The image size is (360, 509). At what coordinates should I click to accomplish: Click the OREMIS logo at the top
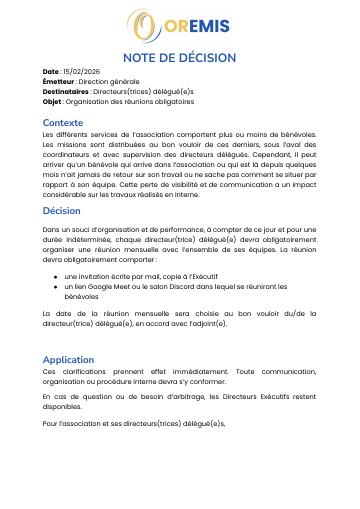[179, 26]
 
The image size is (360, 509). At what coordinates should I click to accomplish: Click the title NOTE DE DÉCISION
[180, 58]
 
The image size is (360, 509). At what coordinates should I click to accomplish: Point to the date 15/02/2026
[83, 72]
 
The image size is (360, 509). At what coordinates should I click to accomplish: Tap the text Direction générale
[109, 82]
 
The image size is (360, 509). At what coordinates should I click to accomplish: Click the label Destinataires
[66, 91]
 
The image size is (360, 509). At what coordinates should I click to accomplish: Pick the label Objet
[52, 101]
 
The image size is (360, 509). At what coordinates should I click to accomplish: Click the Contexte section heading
[63, 122]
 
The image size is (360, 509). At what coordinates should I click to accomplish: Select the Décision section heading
[62, 211]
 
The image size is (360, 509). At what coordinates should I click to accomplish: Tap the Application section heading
[68, 359]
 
